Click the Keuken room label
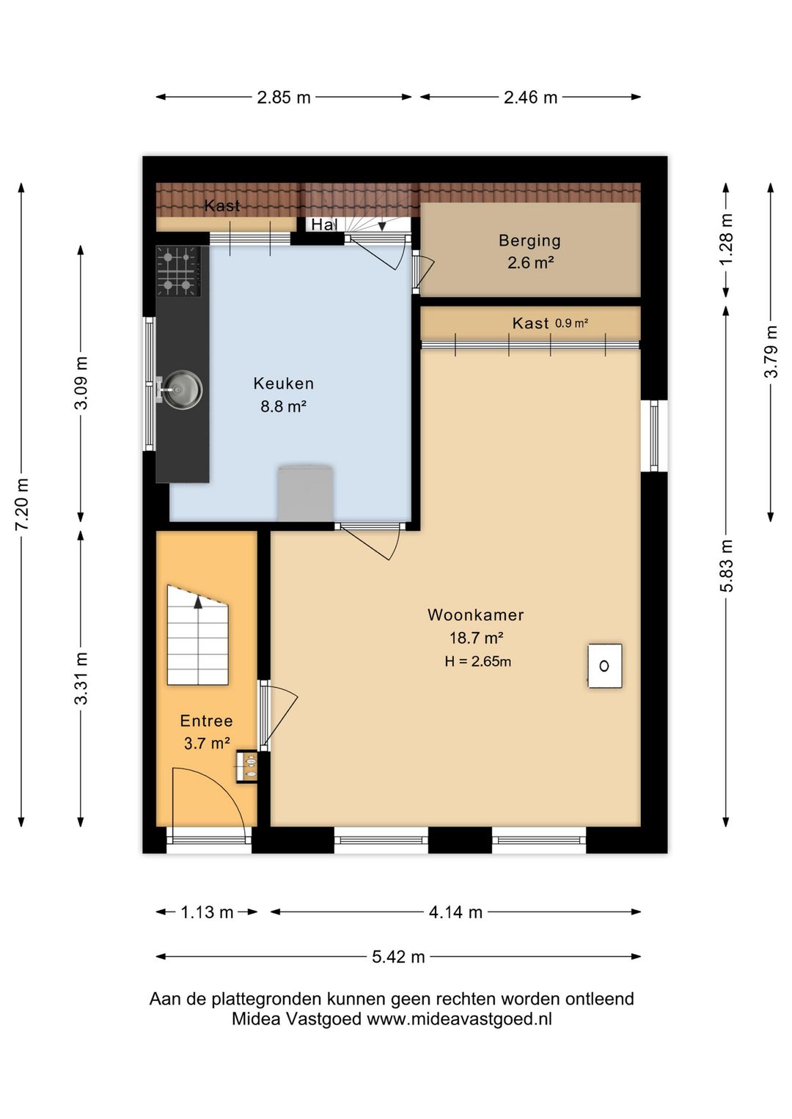(x=283, y=384)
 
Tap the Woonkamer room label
(x=475, y=614)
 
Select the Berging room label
(x=529, y=241)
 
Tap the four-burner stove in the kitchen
(x=178, y=271)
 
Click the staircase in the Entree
(x=197, y=634)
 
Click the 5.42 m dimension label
(x=398, y=957)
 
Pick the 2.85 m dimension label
(x=284, y=97)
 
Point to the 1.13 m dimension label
(x=207, y=912)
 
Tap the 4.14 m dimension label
(x=455, y=912)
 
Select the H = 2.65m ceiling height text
(x=477, y=661)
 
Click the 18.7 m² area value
(x=476, y=638)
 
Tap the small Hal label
(x=324, y=225)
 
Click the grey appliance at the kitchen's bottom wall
(x=305, y=494)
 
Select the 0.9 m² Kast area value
(x=572, y=323)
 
